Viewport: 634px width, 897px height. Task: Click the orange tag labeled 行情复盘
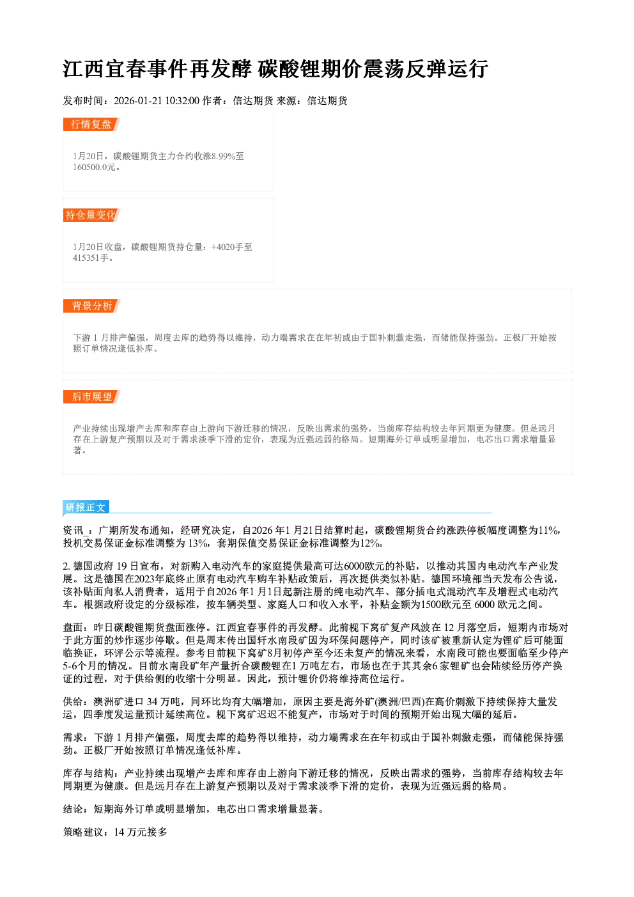coord(91,124)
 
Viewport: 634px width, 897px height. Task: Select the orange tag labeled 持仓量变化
coord(91,215)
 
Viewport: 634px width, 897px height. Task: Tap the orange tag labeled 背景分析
coord(91,306)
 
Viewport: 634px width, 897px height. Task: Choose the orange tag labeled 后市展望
coord(91,397)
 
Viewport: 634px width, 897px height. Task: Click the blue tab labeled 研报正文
coord(86,508)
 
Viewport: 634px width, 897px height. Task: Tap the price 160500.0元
coord(95,167)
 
